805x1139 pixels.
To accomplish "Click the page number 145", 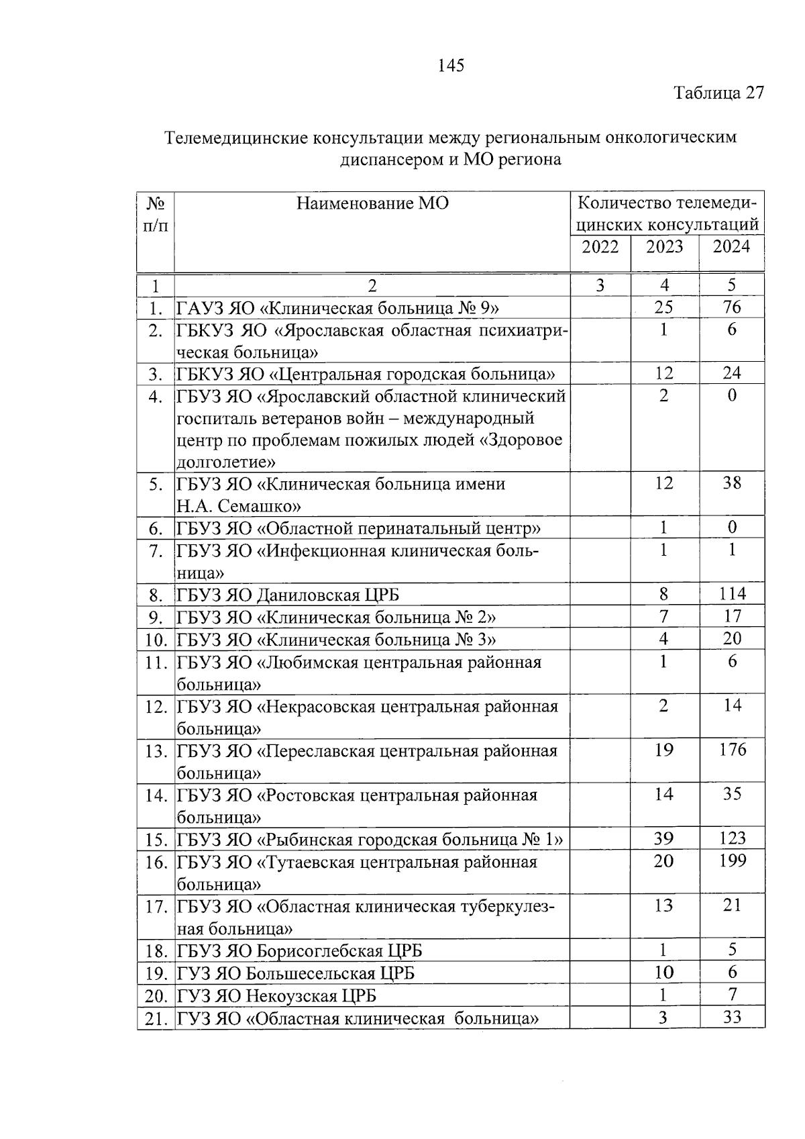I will coord(450,65).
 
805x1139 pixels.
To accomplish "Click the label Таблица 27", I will coord(718,93).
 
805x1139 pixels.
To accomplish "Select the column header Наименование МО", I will coord(372,203).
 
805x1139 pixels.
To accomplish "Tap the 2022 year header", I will coord(600,246).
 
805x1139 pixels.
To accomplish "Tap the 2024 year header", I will coord(731,246).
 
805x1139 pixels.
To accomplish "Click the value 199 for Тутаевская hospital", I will coord(732,860).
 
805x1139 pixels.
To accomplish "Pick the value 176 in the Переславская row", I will coord(732,749).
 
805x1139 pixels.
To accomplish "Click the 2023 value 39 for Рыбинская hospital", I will coord(663,838).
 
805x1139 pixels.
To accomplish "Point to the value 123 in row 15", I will coord(732,838).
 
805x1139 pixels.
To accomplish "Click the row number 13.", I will coord(156,751).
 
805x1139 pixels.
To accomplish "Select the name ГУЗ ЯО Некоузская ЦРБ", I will coord(276,995).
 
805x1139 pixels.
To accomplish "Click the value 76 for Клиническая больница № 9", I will coord(732,307).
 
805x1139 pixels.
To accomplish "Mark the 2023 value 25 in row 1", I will coord(663,307).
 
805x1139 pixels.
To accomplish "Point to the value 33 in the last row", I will coord(732,1017).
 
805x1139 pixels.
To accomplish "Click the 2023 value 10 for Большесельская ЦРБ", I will coord(663,973).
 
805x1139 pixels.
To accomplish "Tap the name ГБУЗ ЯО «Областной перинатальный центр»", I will coord(358,528).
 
